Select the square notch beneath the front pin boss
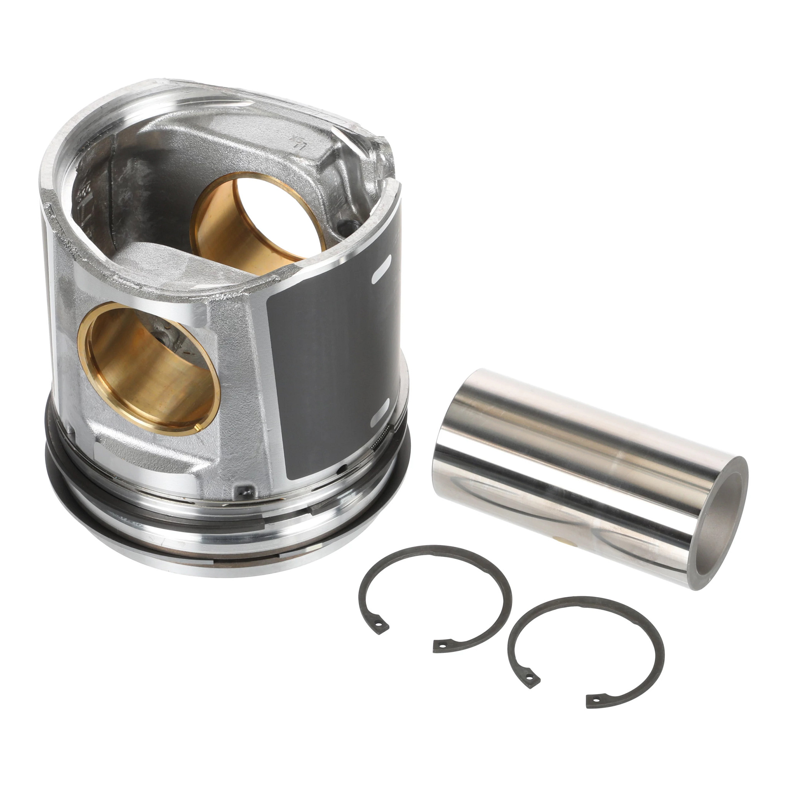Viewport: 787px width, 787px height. (x=244, y=491)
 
